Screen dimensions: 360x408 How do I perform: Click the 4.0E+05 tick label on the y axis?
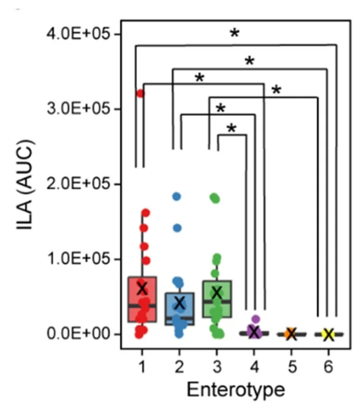pos(78,34)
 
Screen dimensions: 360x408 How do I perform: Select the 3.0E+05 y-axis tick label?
pos(78,109)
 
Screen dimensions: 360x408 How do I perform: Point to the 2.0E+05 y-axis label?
pos(78,184)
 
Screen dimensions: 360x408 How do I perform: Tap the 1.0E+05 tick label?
pos(78,259)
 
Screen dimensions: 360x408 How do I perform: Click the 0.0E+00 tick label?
pos(78,334)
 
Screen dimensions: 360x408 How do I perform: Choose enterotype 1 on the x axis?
pos(142,367)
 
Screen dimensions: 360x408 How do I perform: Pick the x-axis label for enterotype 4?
pos(254,367)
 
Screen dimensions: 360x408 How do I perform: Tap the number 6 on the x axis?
pos(328,367)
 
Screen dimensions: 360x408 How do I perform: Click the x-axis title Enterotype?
pos(236,390)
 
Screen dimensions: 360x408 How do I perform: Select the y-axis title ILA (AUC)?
pos(25,185)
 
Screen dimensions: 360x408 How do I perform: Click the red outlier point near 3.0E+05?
pos(140,93)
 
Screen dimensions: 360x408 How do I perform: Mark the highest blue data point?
pos(177,197)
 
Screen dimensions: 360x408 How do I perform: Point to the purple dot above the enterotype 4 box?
pos(255,319)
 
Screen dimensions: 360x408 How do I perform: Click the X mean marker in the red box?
pos(142,288)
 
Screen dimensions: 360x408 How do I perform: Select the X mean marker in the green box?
pos(217,293)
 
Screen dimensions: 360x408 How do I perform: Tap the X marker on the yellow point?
pos(328,334)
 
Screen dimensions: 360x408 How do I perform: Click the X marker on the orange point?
pos(292,334)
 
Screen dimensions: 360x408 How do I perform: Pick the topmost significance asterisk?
pos(234,33)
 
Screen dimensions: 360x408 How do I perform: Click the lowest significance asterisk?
pos(232,128)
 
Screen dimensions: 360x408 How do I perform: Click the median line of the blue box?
pos(180,319)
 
